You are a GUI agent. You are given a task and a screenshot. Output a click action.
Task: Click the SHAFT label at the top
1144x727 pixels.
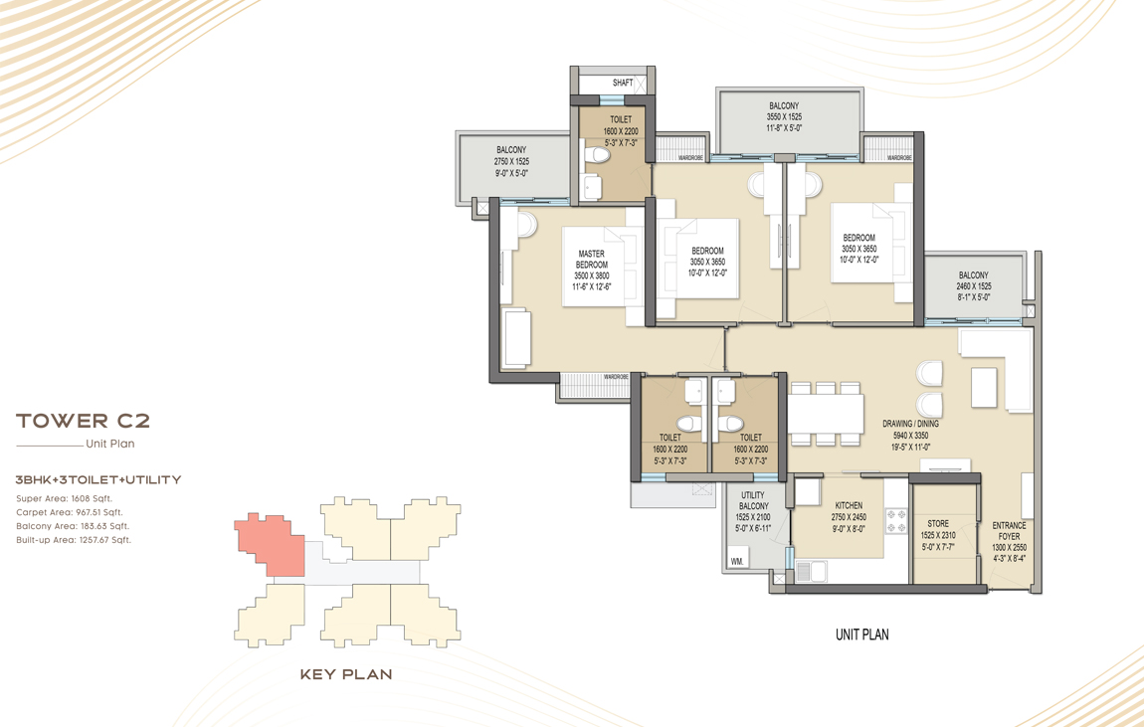(x=623, y=83)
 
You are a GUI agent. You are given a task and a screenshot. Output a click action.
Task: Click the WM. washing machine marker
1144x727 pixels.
(x=737, y=562)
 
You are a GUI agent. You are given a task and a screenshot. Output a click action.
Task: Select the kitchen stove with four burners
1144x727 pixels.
(x=896, y=520)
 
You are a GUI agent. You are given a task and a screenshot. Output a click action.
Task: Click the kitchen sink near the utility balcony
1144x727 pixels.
(x=811, y=571)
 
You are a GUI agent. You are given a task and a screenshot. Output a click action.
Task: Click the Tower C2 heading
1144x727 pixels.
(x=84, y=421)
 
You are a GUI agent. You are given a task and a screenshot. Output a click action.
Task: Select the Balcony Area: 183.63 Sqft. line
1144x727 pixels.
(x=73, y=526)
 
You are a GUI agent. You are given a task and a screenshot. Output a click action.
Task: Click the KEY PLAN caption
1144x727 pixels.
(x=346, y=674)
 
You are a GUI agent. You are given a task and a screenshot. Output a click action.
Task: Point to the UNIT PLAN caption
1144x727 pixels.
(x=861, y=635)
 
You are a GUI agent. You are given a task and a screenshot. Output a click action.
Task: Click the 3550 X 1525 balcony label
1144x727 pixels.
(x=784, y=116)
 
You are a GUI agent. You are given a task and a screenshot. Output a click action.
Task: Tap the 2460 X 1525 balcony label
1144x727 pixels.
(x=974, y=286)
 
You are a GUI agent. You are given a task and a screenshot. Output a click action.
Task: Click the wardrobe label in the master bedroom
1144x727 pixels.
(x=616, y=377)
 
